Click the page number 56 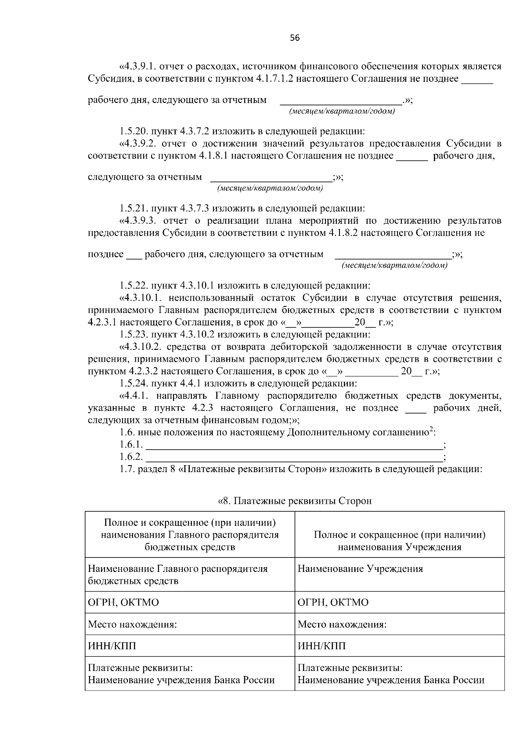tap(295, 38)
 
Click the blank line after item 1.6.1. tap(293, 445)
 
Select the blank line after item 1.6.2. tap(293, 457)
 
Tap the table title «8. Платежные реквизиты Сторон tap(295, 501)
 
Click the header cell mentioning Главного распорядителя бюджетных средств tap(190, 535)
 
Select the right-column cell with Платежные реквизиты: tap(399, 674)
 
